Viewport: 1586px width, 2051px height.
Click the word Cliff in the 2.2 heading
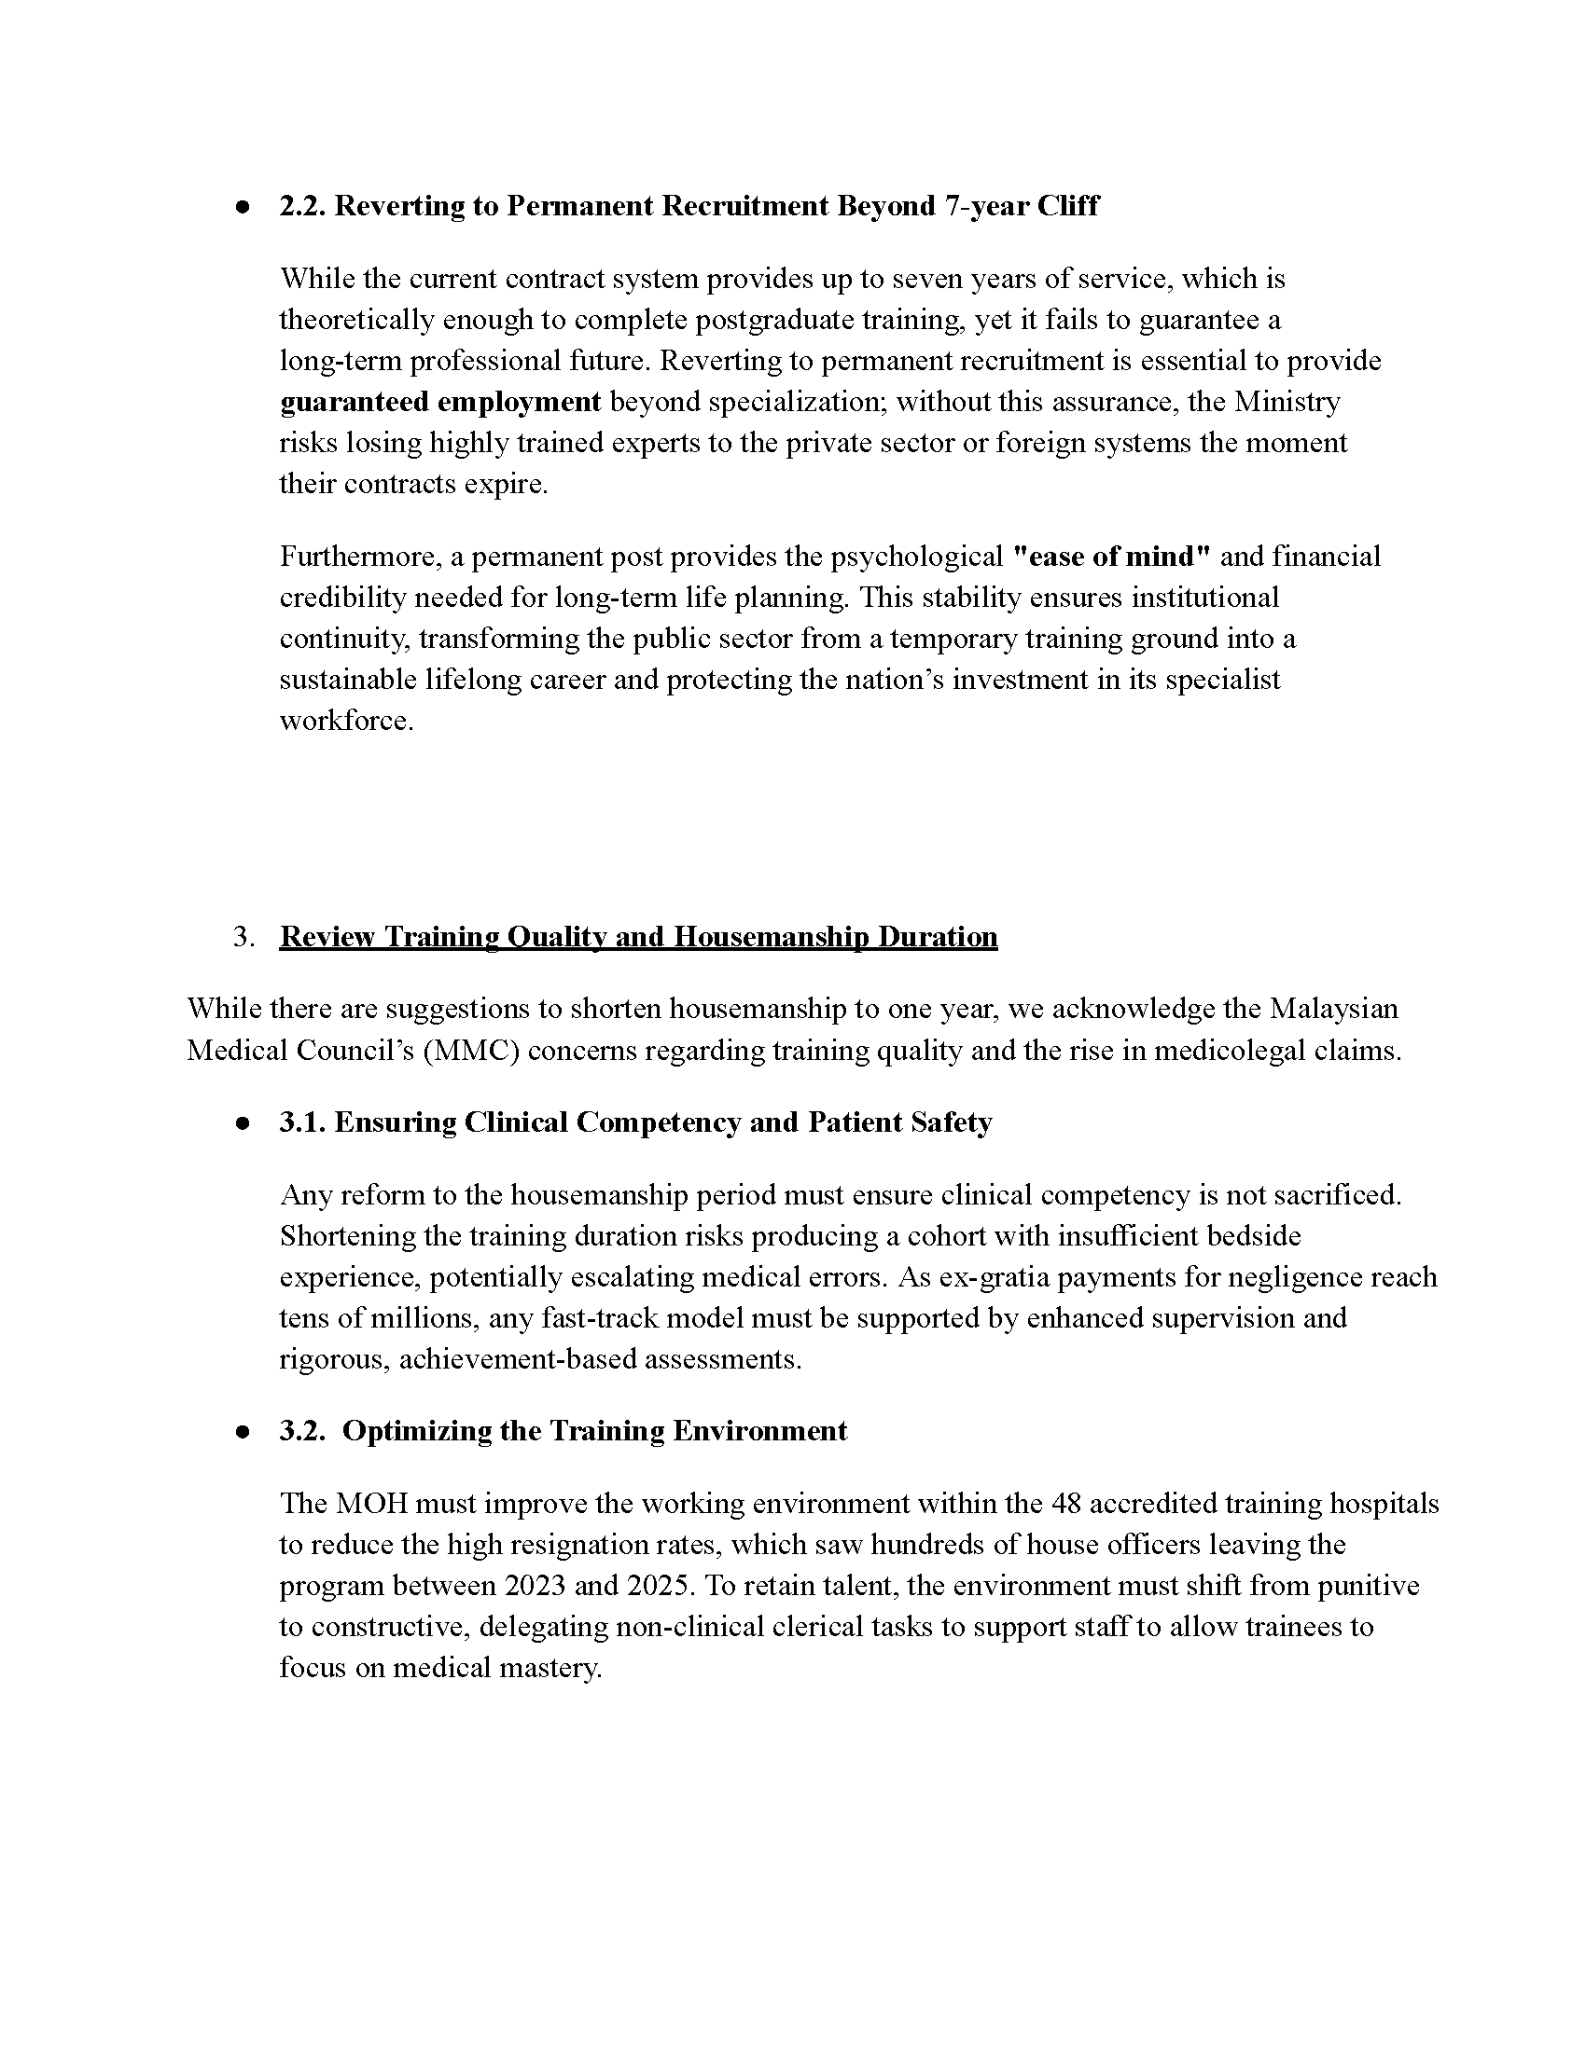pos(1067,206)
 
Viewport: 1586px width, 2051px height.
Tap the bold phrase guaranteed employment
pos(439,402)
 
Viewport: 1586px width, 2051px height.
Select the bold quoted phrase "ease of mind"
pos(1111,556)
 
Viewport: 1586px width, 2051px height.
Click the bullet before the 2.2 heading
pos(243,208)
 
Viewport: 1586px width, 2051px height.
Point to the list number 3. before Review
pos(243,936)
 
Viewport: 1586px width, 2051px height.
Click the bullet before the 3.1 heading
pos(243,1124)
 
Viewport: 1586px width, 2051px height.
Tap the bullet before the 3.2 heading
pos(243,1432)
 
